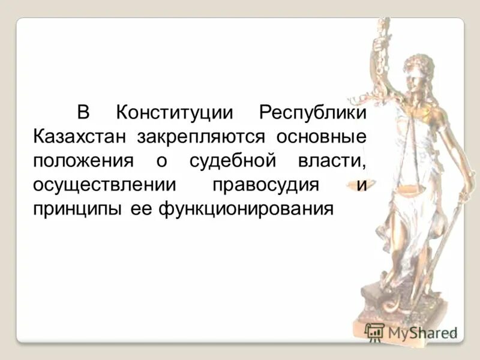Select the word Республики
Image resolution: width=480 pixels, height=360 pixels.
(312, 112)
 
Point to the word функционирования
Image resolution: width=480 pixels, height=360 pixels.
(245, 209)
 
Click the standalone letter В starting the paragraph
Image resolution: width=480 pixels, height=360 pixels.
(83, 112)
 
